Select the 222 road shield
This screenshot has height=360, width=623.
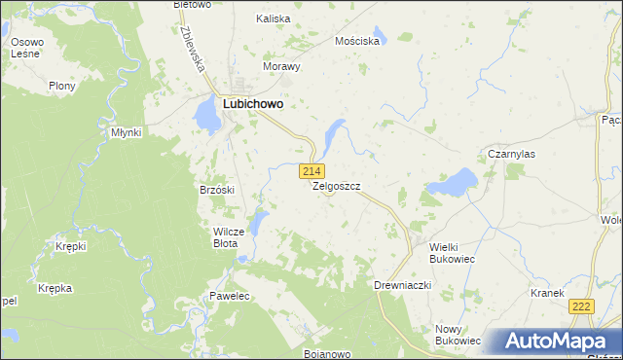pyautogui.click(x=581, y=306)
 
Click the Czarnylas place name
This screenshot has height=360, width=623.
pyautogui.click(x=512, y=155)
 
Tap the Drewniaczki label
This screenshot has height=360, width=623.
pyautogui.click(x=402, y=286)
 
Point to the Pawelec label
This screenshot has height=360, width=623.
pyautogui.click(x=231, y=295)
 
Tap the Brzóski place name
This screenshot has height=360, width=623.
pyautogui.click(x=217, y=190)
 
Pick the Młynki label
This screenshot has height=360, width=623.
pyautogui.click(x=127, y=131)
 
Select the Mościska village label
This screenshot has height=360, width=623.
pyautogui.click(x=356, y=42)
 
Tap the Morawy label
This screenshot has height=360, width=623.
pyautogui.click(x=281, y=67)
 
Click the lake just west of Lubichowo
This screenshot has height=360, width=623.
pyautogui.click(x=207, y=115)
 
